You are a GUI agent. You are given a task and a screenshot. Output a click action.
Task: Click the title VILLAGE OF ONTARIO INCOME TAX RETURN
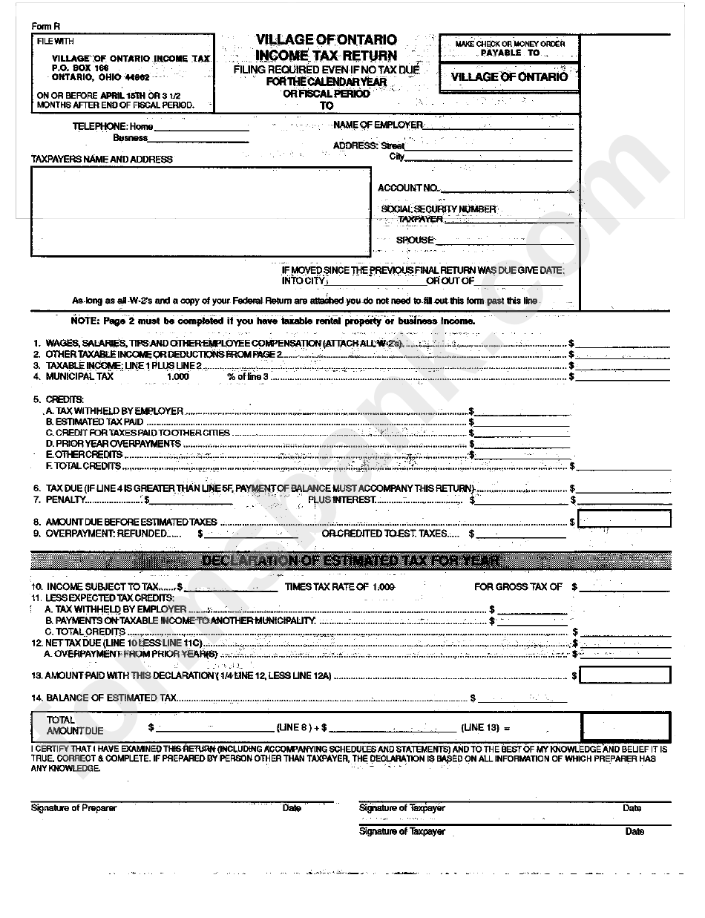tap(327, 47)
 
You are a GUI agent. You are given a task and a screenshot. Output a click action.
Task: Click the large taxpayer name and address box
tap(200, 212)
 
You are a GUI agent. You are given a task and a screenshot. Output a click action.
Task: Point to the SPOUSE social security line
tap(504, 240)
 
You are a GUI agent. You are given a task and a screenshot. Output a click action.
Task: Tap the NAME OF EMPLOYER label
tap(378, 125)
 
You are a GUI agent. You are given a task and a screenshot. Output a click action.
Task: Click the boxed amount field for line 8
tap(624, 519)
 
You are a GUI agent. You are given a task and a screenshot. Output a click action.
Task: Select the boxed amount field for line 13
tap(624, 675)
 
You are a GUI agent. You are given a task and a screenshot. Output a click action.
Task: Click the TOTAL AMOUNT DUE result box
tap(625, 726)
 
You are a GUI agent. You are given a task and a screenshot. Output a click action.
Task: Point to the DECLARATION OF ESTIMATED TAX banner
tap(350, 560)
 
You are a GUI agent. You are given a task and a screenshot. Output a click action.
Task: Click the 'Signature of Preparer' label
tap(73, 808)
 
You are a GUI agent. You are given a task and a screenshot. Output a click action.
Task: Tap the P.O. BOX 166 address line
tap(80, 68)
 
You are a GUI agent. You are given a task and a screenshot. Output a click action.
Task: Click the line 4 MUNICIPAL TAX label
tap(80, 376)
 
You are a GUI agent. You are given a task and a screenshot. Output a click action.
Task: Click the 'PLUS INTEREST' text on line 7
tap(342, 500)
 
